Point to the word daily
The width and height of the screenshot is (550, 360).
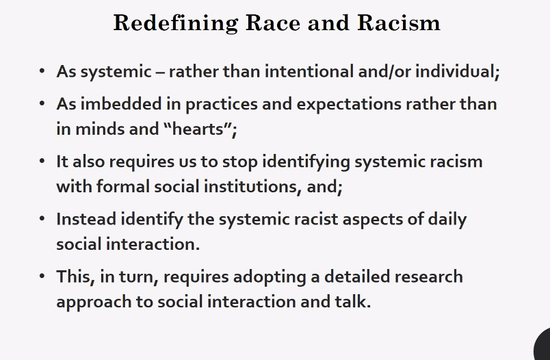click(445, 220)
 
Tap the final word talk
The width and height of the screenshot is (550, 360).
click(354, 301)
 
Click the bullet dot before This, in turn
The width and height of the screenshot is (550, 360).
click(42, 277)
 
